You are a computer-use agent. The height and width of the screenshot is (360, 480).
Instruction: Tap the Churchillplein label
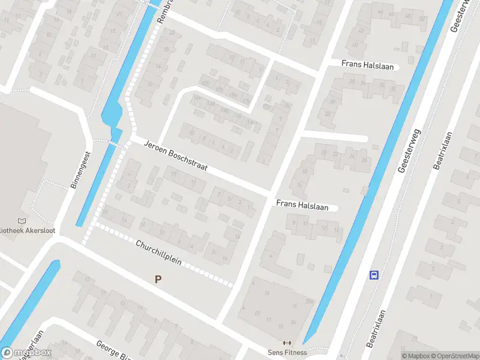[158, 254]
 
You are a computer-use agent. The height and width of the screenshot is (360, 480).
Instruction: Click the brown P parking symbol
[158, 279]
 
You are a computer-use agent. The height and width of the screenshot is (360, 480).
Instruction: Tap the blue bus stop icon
[374, 275]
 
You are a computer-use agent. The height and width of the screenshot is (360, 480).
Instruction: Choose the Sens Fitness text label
[287, 352]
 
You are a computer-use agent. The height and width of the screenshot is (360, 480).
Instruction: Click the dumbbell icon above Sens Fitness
[287, 343]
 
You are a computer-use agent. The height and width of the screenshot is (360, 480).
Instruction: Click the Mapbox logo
[26, 353]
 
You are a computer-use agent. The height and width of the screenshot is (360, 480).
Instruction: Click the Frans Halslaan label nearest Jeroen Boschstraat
[302, 205]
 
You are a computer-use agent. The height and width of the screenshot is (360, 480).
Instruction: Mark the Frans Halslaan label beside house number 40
[368, 65]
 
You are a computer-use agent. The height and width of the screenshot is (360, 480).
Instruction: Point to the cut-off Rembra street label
[164, 12]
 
